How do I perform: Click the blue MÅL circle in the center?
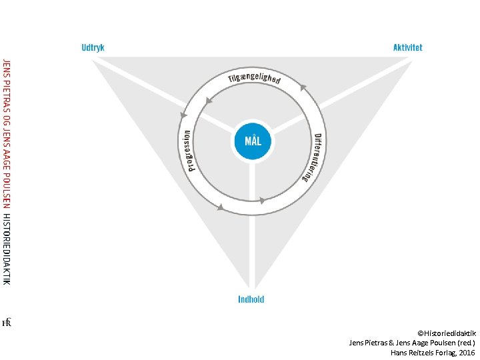click(x=253, y=141)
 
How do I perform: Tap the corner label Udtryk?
click(x=93, y=48)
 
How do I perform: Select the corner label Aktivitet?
click(x=407, y=48)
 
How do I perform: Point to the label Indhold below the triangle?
click(x=251, y=299)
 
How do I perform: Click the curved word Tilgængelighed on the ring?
click(x=254, y=76)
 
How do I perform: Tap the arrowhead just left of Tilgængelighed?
click(x=209, y=101)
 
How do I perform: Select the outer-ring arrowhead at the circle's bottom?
click(x=219, y=209)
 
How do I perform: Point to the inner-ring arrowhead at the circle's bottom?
click(x=263, y=199)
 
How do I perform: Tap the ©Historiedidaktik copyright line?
click(x=447, y=332)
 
